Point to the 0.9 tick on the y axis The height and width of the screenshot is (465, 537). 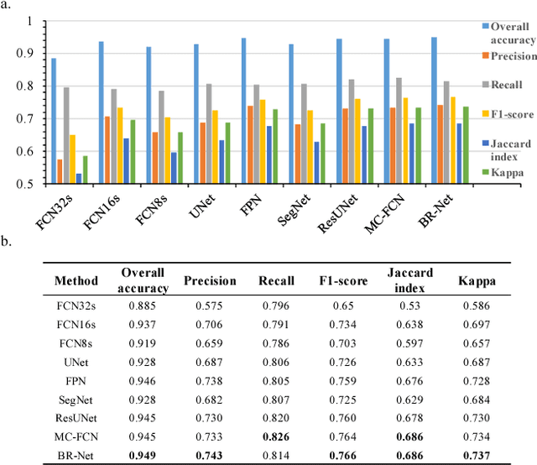coord(29,53)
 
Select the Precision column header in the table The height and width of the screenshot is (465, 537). coord(211,281)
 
